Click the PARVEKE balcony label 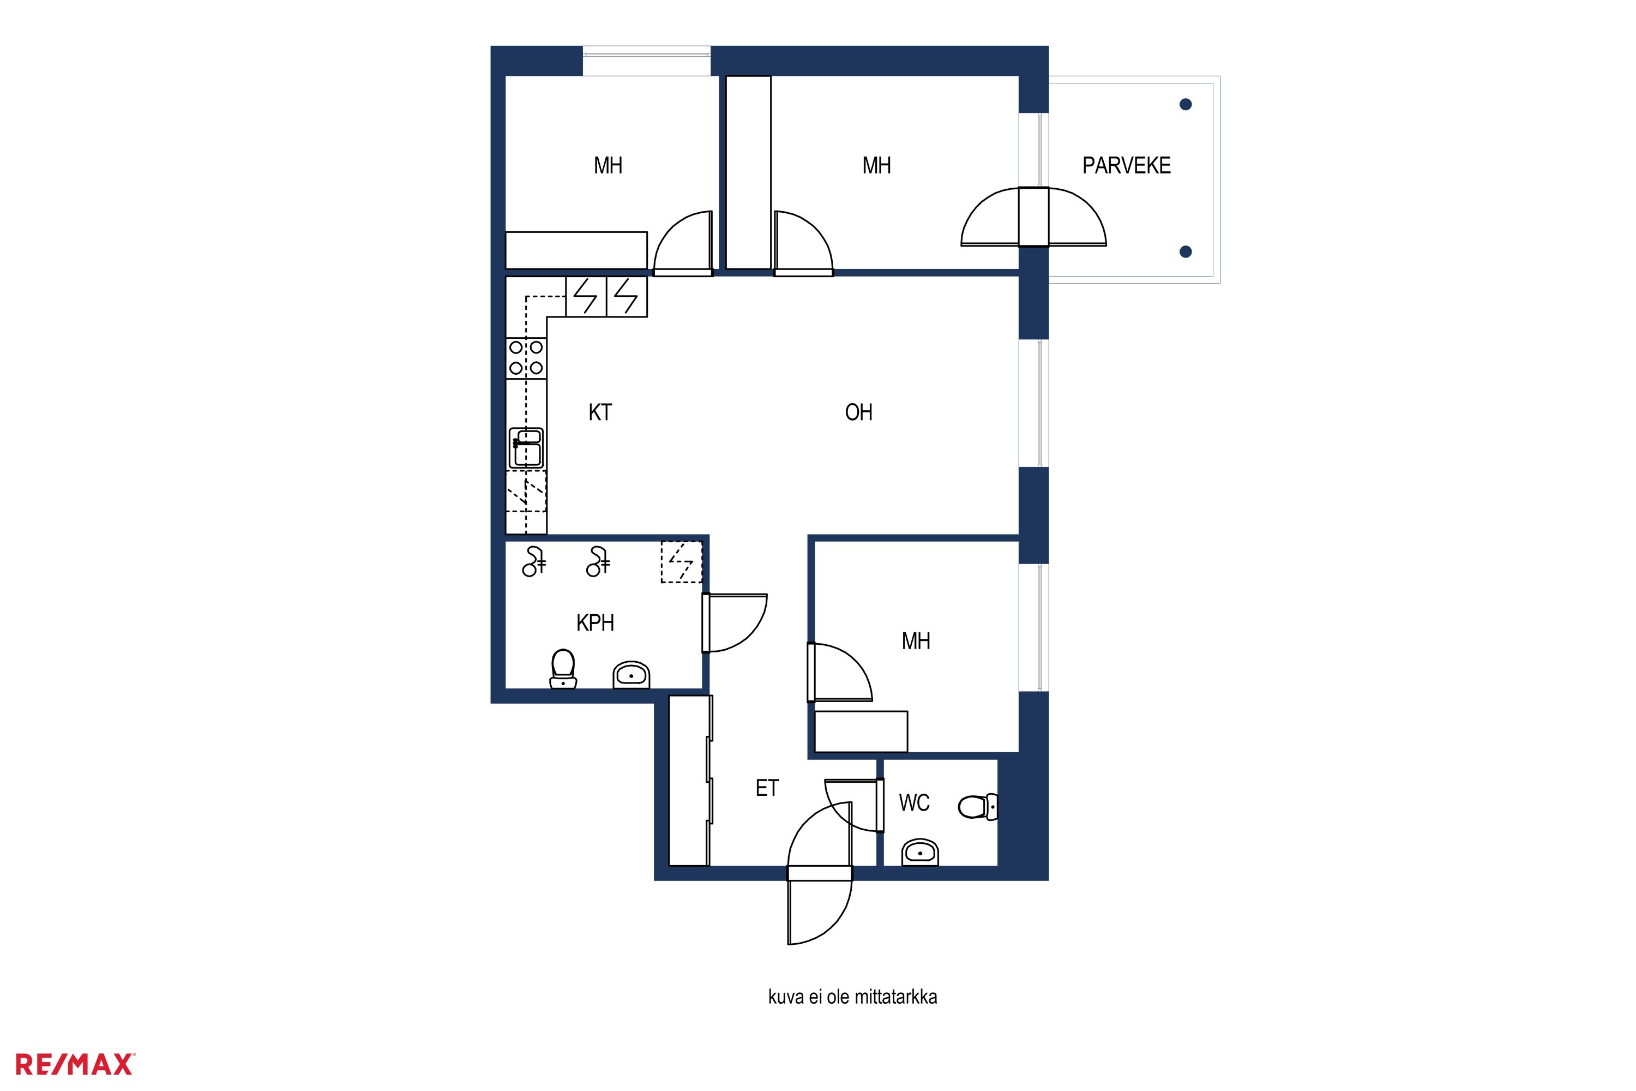coord(1126,166)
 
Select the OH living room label coord(858,412)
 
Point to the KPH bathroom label coord(595,623)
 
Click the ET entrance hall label coord(767,788)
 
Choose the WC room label coord(914,803)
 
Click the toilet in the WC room coord(977,807)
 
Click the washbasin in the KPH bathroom coord(631,675)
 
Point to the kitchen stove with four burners coord(526,358)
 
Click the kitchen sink coord(527,447)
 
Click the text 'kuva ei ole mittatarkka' coord(852,997)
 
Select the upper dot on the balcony coord(1186,104)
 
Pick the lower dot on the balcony coord(1186,252)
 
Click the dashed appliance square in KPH coord(681,561)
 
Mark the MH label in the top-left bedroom coord(608,166)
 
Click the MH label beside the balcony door coord(876,166)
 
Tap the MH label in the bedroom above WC coord(916,641)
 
